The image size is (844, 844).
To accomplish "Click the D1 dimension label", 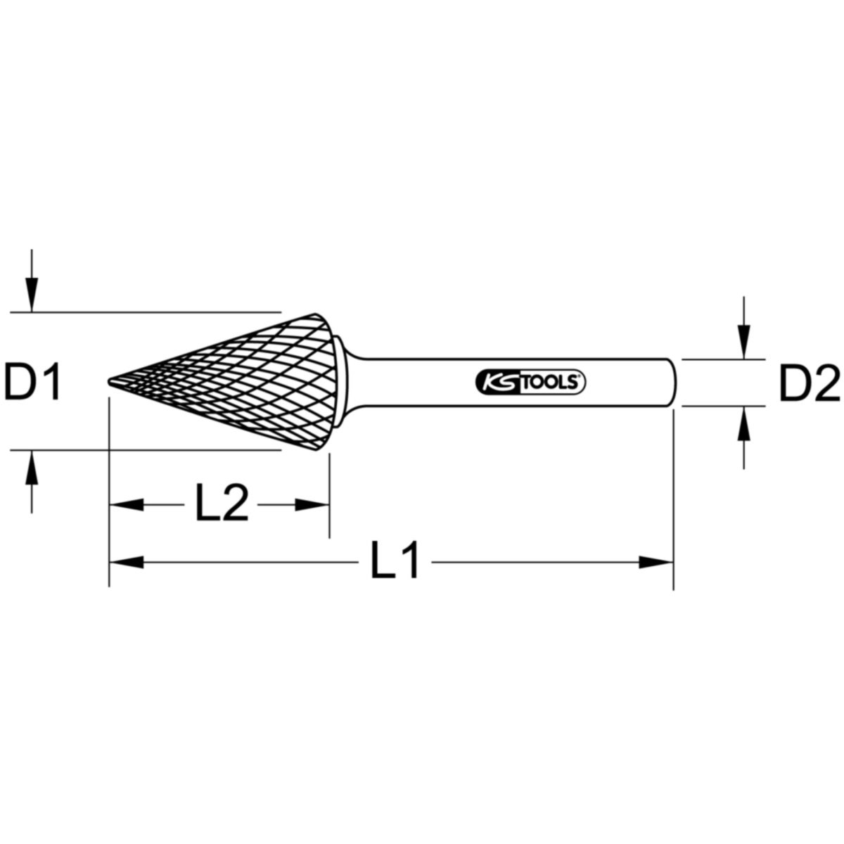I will [x=34, y=383].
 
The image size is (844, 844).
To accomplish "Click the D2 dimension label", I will [x=810, y=383].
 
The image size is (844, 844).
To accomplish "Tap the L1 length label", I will [x=395, y=561].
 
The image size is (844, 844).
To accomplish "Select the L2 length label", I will [x=222, y=504].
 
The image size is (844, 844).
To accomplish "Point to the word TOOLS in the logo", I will [x=551, y=382].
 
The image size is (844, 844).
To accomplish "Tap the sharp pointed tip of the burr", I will [x=111, y=382].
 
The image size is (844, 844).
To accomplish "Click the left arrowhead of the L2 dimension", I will [x=127, y=504].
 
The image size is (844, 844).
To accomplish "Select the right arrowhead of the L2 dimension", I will [x=312, y=504].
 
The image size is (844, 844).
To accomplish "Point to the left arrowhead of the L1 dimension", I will [x=127, y=561].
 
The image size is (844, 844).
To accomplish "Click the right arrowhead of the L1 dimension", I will [x=656, y=561].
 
